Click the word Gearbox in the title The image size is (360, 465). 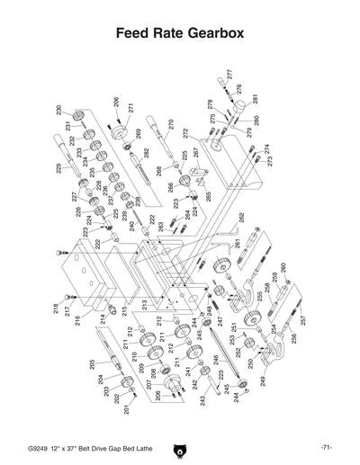(x=212, y=34)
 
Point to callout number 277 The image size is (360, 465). (x=229, y=74)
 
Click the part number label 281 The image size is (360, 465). (x=255, y=99)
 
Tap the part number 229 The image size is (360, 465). (x=59, y=167)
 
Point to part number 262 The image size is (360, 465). (x=240, y=218)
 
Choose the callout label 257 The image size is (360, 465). (x=303, y=320)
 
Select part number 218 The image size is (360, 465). (x=56, y=309)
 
